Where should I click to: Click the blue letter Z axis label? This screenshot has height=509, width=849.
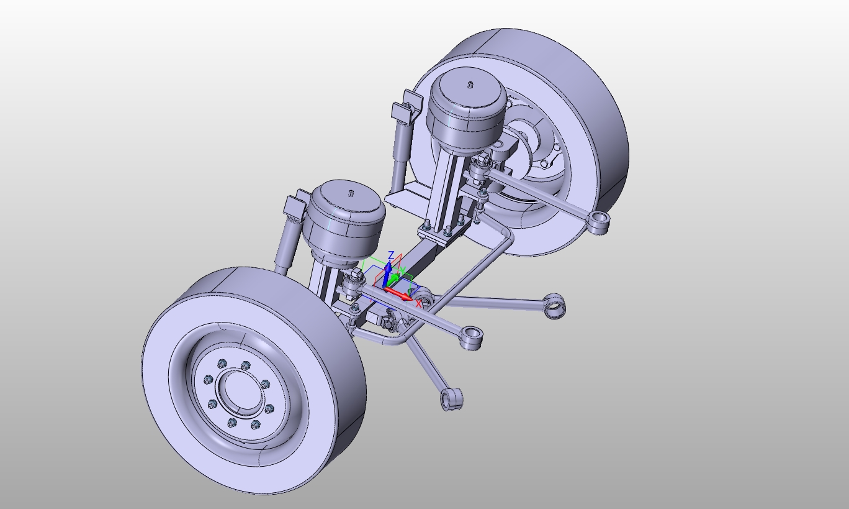390,255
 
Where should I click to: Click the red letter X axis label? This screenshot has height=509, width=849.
419,304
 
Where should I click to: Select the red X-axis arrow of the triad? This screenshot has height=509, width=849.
400,294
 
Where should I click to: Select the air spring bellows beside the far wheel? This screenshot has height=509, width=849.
465,112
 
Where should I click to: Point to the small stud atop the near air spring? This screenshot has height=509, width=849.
351,192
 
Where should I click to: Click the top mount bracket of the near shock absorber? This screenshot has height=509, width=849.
294,206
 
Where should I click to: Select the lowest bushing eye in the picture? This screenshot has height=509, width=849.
452,398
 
